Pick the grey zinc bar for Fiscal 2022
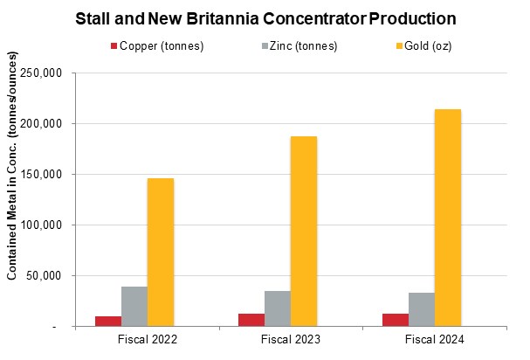click(134, 306)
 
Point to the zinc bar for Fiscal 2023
click(277, 308)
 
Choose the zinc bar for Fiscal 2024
click(421, 308)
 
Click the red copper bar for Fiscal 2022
click(108, 321)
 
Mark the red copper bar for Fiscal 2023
click(251, 319)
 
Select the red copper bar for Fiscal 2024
click(396, 319)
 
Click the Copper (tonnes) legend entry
click(158, 45)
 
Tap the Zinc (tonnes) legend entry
click(296, 45)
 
